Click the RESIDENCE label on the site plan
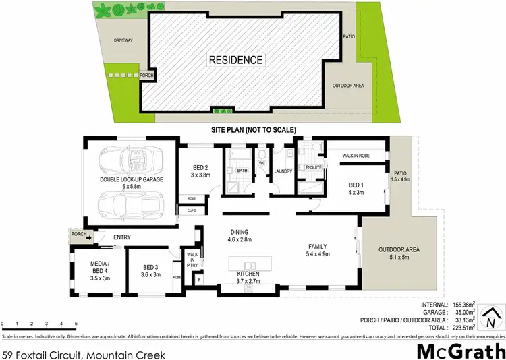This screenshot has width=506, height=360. (x=235, y=60)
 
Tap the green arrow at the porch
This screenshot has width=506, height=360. (x=89, y=237)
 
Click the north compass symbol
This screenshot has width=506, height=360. (x=495, y=317)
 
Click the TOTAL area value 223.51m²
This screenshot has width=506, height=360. (x=466, y=328)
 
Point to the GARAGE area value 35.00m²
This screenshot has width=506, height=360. (x=466, y=313)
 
